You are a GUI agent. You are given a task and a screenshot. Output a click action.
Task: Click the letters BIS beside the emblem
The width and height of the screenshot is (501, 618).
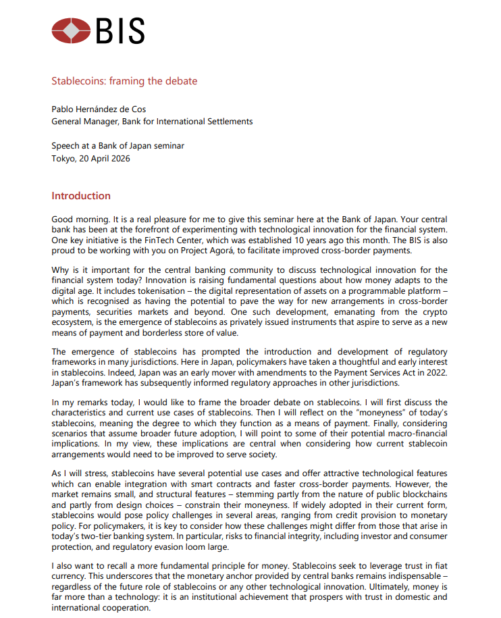click(x=120, y=31)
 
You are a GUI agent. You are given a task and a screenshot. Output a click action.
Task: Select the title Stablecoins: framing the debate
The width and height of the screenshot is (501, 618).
click(x=124, y=81)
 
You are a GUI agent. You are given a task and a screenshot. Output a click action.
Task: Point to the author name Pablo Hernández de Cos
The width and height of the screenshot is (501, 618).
click(x=99, y=109)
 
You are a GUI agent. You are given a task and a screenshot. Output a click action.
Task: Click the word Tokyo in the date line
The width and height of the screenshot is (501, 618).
click(x=63, y=159)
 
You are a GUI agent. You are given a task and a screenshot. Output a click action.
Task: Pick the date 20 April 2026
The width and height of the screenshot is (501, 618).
click(x=105, y=159)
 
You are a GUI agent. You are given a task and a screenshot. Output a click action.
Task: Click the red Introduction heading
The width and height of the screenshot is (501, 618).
click(x=81, y=196)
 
